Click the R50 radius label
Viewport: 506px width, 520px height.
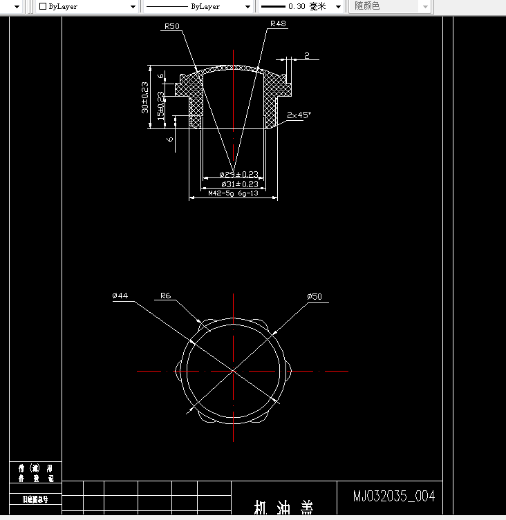(x=171, y=26)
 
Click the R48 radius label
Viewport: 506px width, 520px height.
(x=278, y=23)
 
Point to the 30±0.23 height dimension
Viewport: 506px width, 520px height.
(x=145, y=97)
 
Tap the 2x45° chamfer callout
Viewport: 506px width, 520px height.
(x=300, y=115)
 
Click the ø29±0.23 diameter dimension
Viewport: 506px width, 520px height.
(x=239, y=174)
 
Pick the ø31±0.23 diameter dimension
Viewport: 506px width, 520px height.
(x=239, y=184)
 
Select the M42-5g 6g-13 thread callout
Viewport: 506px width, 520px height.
(x=233, y=194)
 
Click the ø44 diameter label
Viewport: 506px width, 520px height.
(x=120, y=296)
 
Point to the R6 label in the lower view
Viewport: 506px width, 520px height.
(x=165, y=296)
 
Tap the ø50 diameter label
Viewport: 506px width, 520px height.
(x=315, y=297)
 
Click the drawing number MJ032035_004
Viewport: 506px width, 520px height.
(x=394, y=496)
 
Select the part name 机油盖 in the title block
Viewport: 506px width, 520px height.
(x=283, y=509)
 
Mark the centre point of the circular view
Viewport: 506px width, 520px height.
(x=234, y=371)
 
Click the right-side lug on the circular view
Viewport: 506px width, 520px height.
(x=290, y=371)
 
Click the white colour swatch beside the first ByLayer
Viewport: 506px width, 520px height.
(x=43, y=6)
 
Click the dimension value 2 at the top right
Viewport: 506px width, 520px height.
(x=307, y=55)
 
